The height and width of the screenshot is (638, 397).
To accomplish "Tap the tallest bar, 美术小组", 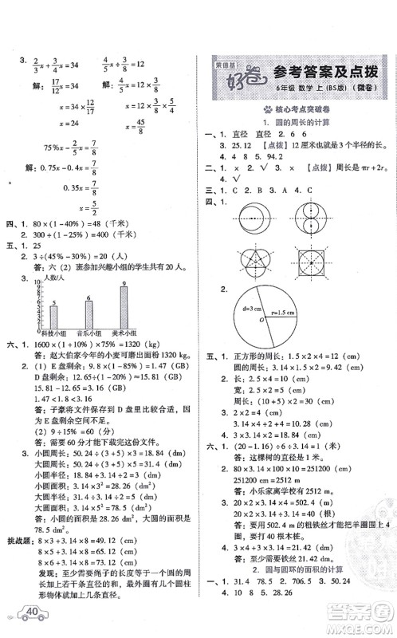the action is click(124, 305).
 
